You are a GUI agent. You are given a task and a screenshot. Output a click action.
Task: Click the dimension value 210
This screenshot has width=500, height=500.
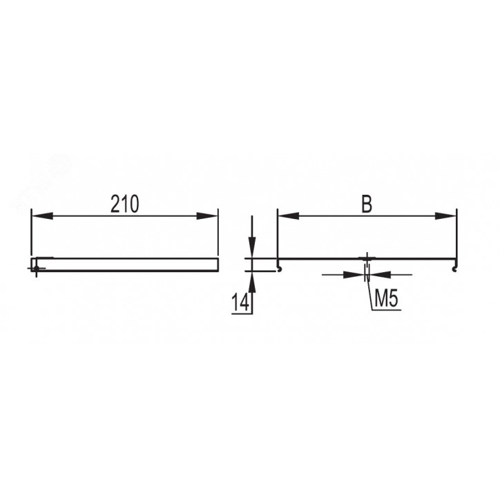[x=125, y=204]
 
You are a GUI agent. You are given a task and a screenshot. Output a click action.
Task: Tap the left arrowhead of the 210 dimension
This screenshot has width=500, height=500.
[x=42, y=215]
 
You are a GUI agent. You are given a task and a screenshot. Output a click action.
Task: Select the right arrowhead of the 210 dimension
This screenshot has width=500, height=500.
[x=207, y=215]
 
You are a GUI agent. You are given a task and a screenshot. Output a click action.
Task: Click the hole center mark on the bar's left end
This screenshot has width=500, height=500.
[x=36, y=268]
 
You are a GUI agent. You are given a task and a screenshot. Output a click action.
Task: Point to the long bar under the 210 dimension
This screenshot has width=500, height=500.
[x=125, y=265]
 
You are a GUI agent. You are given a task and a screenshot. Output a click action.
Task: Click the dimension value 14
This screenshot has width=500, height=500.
[x=240, y=302]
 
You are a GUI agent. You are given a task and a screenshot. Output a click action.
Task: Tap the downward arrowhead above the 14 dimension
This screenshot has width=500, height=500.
[x=252, y=247]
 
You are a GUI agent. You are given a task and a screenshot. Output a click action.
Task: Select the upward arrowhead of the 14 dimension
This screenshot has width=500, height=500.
[x=252, y=282]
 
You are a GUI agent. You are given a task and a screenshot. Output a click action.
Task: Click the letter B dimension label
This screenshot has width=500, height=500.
[x=367, y=204]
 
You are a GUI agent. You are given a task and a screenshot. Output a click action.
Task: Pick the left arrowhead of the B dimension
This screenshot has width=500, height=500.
[x=289, y=215]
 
